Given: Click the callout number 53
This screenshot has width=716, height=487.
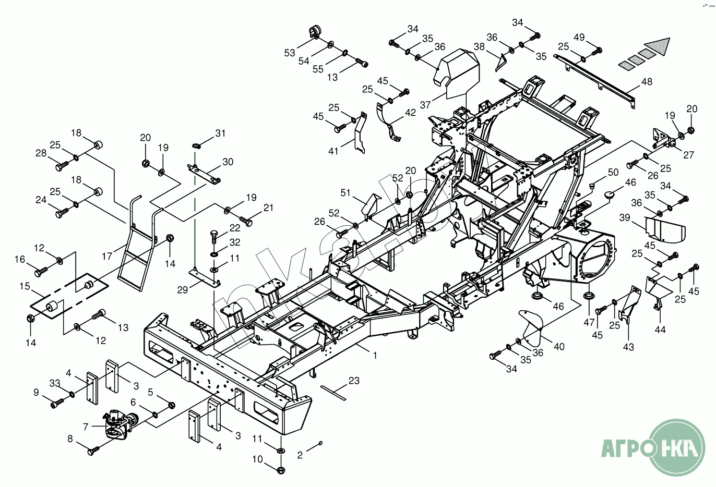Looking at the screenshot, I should [290, 53].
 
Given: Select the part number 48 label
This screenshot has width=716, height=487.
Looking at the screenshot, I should [647, 82].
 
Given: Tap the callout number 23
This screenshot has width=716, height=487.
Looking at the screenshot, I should [354, 381].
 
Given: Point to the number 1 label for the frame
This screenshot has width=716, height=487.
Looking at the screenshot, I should [375, 356].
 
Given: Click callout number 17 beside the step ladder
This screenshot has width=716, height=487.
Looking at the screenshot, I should [107, 256].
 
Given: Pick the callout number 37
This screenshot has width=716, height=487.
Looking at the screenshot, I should [425, 105].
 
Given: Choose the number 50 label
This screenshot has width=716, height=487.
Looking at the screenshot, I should [613, 172].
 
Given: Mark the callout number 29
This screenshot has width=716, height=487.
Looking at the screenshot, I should [182, 289].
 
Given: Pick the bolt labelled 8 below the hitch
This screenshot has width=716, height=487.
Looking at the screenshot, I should [93, 450].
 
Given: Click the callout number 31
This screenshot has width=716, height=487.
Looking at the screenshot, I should [221, 133].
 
